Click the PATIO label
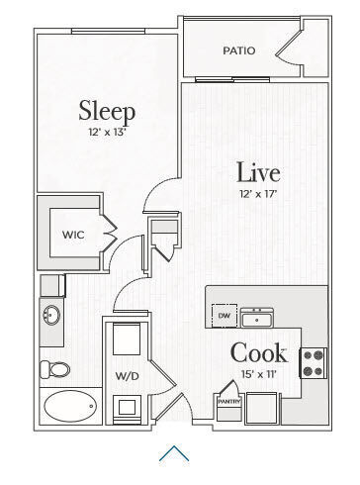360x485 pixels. point(238,50)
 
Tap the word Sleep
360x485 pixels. point(107,109)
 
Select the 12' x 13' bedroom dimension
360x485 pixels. point(107,131)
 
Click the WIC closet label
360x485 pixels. point(72,235)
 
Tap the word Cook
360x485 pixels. point(259,352)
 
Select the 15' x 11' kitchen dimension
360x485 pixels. point(259,374)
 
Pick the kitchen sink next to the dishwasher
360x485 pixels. point(258,318)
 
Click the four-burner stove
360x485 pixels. point(314,363)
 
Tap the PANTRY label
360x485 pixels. point(229,403)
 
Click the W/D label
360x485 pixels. point(126,376)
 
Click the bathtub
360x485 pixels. point(69,405)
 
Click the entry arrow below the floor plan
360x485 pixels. point(174,453)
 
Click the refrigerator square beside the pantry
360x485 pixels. point(262,407)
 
